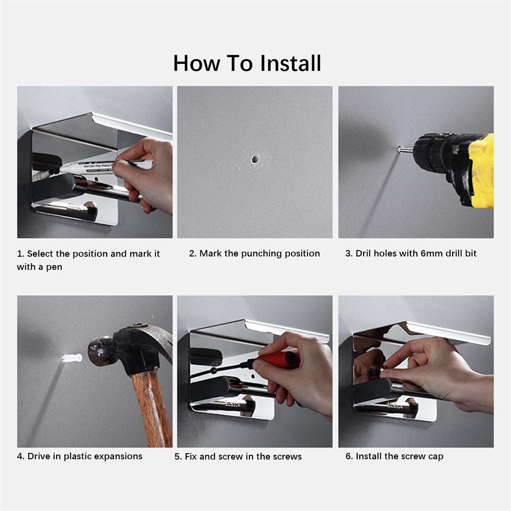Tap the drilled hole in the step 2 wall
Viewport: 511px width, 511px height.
click(255, 159)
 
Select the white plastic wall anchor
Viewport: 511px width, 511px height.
click(72, 358)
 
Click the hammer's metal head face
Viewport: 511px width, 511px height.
click(96, 352)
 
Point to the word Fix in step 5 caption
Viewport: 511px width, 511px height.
click(191, 456)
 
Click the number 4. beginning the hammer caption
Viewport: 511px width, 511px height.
click(21, 456)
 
